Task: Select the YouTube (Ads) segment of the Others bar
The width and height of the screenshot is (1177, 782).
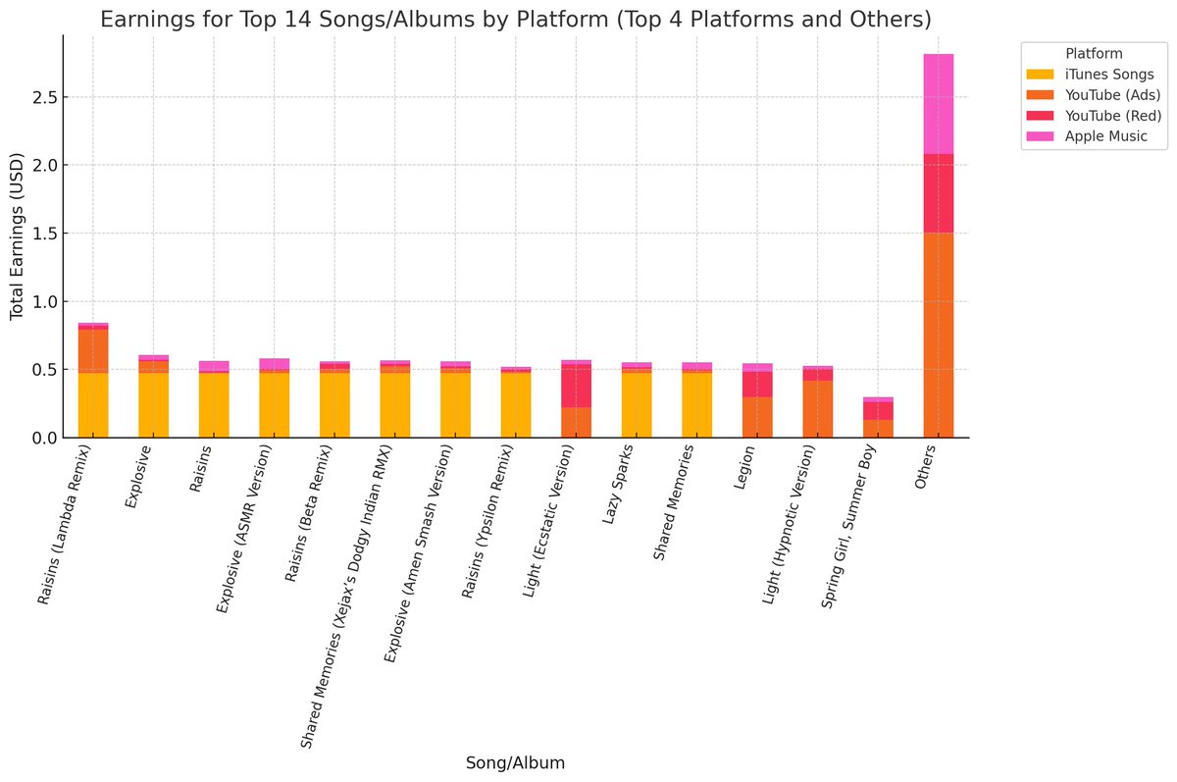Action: [939, 334]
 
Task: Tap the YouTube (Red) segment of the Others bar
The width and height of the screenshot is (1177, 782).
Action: [939, 193]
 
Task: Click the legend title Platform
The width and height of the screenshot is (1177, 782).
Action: [1095, 54]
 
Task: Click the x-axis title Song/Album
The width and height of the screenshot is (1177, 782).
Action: [515, 762]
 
